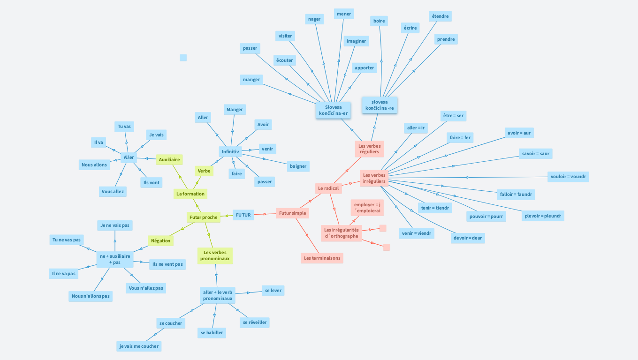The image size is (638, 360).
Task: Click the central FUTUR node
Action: click(243, 215)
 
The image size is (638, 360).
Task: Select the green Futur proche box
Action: click(204, 217)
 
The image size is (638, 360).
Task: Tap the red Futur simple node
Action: click(292, 213)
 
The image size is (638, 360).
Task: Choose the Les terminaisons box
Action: click(322, 258)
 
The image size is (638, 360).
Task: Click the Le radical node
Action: click(328, 188)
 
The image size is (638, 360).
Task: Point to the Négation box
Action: click(161, 240)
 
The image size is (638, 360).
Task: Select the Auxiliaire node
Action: click(169, 159)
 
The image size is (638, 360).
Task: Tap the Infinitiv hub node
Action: click(230, 151)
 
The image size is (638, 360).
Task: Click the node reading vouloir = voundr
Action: click(568, 177)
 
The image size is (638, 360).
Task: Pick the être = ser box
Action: click(454, 115)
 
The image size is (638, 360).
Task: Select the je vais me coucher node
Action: click(139, 346)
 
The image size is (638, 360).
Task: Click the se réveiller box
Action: click(255, 322)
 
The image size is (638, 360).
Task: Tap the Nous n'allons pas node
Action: click(91, 296)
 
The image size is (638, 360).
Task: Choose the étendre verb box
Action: click(440, 16)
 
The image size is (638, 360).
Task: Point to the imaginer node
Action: click(356, 41)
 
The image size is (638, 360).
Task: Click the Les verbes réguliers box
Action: click(369, 149)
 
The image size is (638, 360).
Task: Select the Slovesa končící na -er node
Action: click(333, 110)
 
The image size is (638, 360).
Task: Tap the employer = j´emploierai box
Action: click(367, 208)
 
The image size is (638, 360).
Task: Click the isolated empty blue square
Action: click(183, 58)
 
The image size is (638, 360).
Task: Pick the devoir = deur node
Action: click(468, 238)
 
